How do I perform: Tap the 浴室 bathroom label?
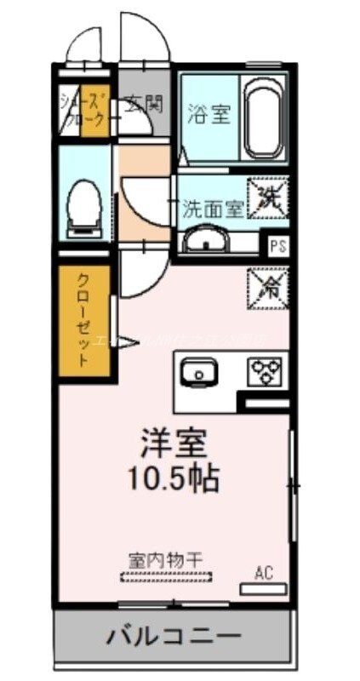click(x=209, y=115)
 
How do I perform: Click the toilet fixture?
click(x=83, y=206)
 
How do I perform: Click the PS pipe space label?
click(x=277, y=246)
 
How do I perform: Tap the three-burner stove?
click(x=266, y=371)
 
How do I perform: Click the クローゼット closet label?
click(x=83, y=320)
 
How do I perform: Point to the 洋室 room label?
click(x=174, y=444)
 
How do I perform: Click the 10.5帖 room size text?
click(x=174, y=478)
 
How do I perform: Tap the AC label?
click(x=264, y=572)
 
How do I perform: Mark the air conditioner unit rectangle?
click(x=264, y=589)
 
